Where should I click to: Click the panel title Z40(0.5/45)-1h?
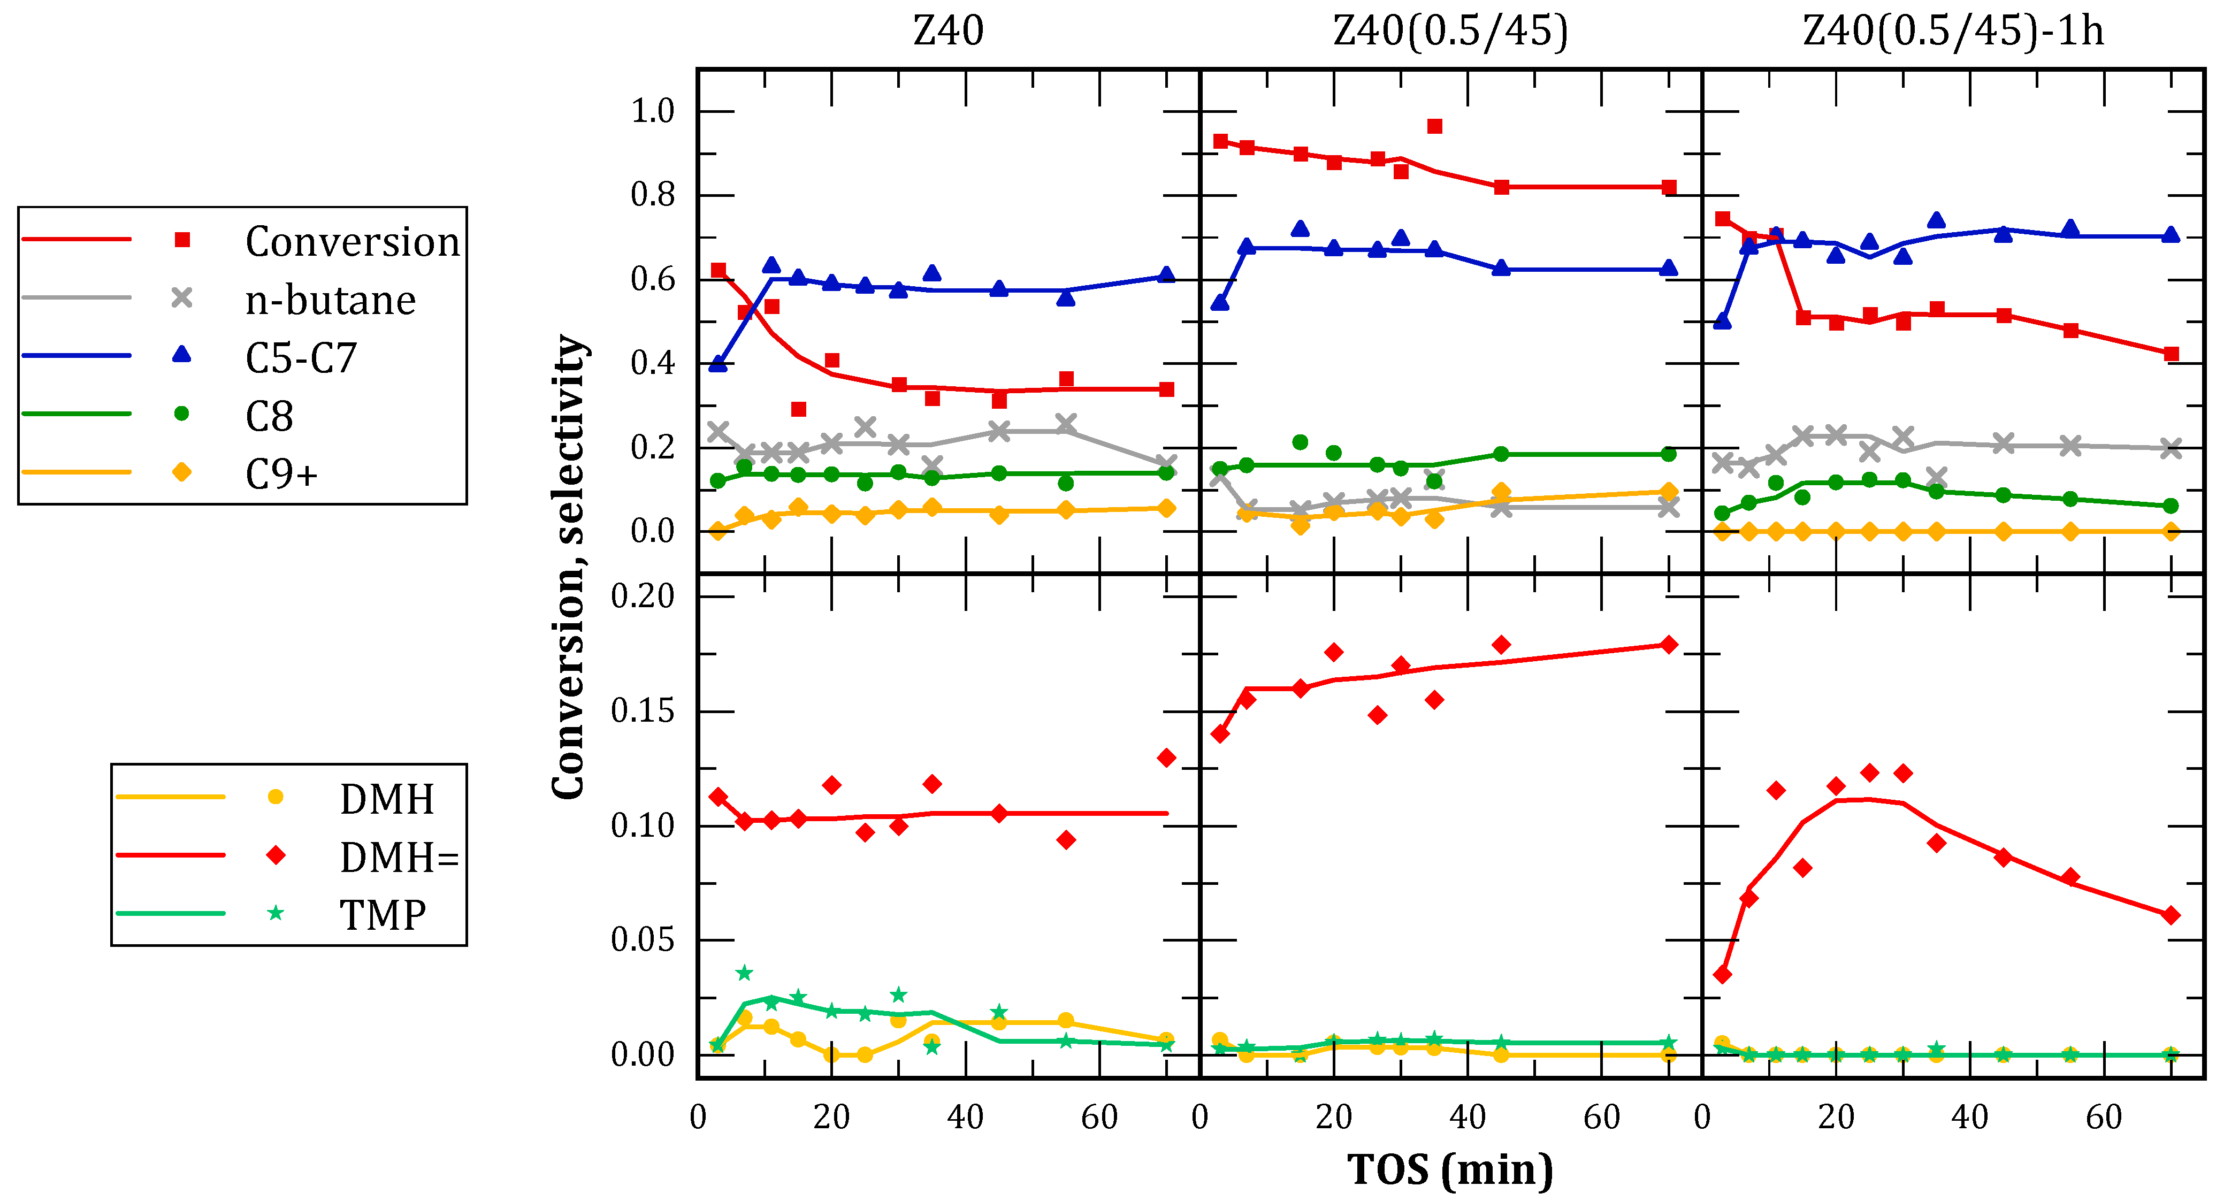1953,32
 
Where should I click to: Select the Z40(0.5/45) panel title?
1450,32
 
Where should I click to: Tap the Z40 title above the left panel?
948,32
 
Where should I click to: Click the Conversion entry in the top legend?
353,242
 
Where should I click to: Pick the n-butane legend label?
330,300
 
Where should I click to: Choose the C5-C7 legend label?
301,358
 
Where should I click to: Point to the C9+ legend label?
281,474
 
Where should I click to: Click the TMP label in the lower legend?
383,914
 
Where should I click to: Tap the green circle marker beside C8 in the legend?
181,414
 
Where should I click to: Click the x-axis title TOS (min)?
1450,1170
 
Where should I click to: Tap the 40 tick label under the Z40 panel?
965,1118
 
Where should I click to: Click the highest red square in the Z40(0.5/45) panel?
1434,126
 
